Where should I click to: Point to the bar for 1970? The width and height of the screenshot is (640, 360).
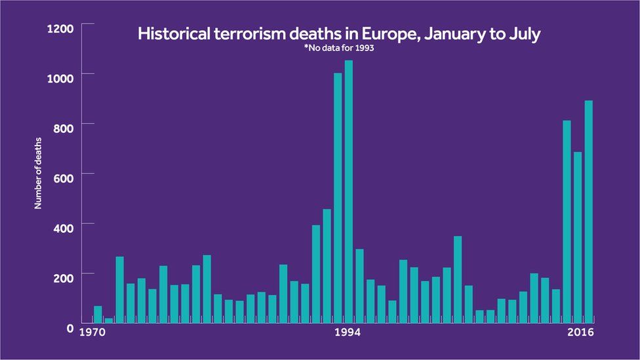point(98,315)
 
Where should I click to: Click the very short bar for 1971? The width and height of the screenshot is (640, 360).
point(109,321)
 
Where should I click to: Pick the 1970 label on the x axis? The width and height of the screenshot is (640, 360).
point(92,332)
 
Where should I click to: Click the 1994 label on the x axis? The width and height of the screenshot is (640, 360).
point(348,332)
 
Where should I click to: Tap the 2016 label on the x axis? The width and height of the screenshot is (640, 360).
point(581,332)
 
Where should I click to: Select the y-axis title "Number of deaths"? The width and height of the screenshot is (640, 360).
point(38,173)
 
